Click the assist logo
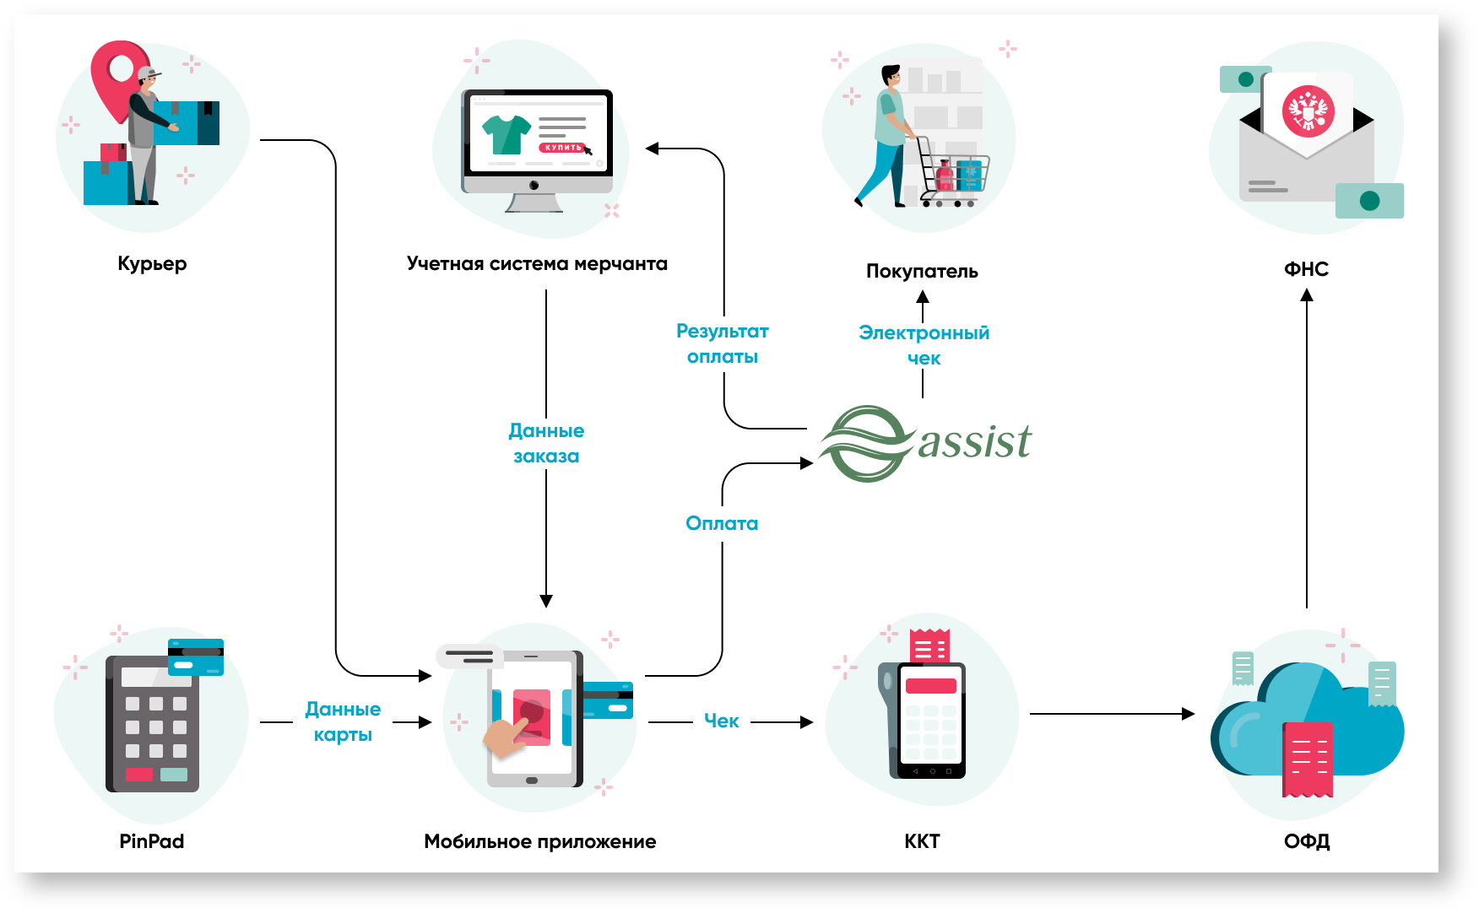pyautogui.click(x=926, y=443)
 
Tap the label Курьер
pyautogui.click(x=152, y=263)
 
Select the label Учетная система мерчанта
pyautogui.click(x=537, y=263)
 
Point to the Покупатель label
pyautogui.click(x=922, y=271)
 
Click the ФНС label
pyautogui.click(x=1306, y=269)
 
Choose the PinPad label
pyautogui.click(x=152, y=840)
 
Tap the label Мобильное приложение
pyautogui.click(x=539, y=841)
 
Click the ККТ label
pyautogui.click(x=922, y=841)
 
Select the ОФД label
pyautogui.click(x=1307, y=841)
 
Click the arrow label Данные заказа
pyautogui.click(x=546, y=443)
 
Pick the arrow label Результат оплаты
pyautogui.click(x=723, y=343)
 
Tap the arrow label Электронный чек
pyautogui.click(x=924, y=345)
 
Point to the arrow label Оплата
pyautogui.click(x=722, y=523)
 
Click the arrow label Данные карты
pyautogui.click(x=343, y=721)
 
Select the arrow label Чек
pyautogui.click(x=722, y=721)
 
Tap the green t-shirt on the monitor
pyautogui.click(x=506, y=133)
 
